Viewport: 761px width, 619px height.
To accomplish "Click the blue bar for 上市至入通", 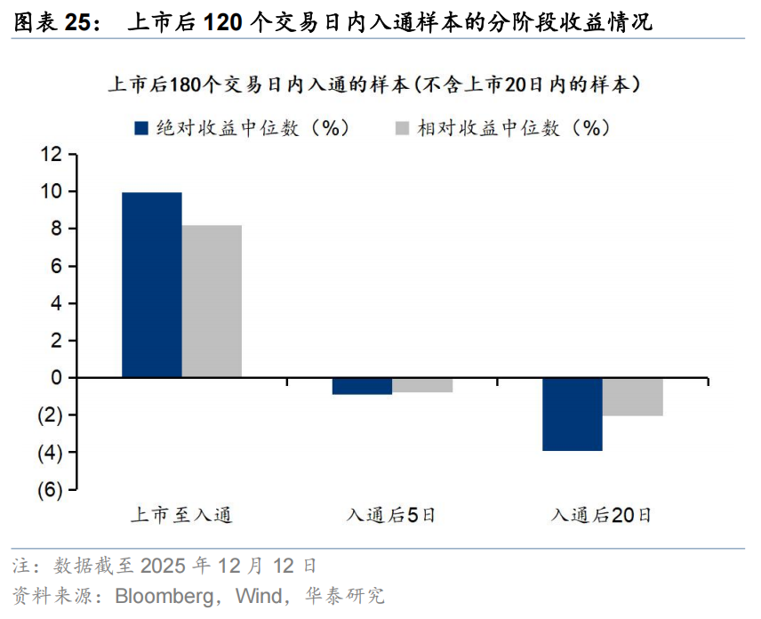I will (152, 285).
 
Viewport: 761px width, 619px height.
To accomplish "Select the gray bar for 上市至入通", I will (212, 301).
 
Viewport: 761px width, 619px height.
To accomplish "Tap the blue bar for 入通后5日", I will (362, 386).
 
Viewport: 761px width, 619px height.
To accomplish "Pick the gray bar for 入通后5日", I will (422, 385).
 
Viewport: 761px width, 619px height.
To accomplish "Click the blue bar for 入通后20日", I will (573, 414).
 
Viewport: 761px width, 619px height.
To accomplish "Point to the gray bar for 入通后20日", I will (632, 397).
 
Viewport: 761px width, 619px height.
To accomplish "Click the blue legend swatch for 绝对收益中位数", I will (140, 128).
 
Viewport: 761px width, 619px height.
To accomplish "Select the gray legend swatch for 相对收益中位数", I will (400, 128).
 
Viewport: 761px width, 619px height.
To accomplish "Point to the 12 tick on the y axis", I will (51, 155).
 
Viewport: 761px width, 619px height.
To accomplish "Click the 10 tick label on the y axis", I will (51, 192).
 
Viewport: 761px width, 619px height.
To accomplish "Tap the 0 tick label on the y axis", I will (56, 378).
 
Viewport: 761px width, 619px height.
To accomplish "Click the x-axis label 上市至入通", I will (181, 515).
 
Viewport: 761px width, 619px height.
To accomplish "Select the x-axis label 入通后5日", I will (391, 515).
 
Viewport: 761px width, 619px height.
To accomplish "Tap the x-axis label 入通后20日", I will (602, 515).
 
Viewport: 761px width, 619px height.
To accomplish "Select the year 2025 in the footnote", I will (164, 566).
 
